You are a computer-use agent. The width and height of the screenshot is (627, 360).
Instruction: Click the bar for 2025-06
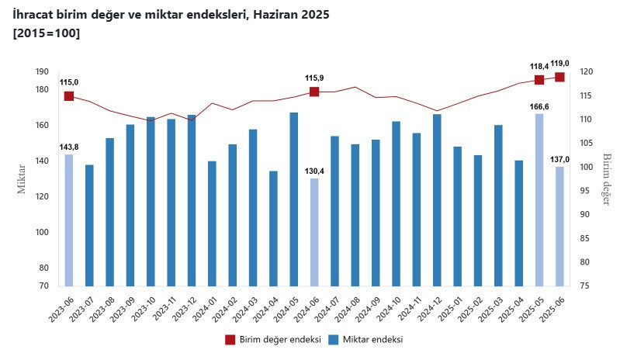click(x=559, y=226)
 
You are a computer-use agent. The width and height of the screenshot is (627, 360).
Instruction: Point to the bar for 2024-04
click(x=274, y=228)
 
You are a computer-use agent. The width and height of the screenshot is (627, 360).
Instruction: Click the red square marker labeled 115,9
click(x=314, y=92)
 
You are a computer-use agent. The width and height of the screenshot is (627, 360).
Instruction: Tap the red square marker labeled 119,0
click(x=559, y=77)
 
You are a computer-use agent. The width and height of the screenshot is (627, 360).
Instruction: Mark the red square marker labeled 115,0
click(x=69, y=96)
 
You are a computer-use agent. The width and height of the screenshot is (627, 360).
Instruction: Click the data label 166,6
click(x=539, y=106)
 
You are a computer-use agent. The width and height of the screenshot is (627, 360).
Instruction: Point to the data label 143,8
click(x=69, y=147)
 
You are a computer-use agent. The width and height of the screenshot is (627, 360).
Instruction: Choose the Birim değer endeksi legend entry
click(x=272, y=340)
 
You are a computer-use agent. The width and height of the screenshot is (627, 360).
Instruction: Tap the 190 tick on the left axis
click(x=42, y=71)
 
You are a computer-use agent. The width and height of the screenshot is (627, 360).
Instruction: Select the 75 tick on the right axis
click(x=586, y=286)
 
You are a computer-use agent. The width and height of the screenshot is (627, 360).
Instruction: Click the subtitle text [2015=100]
click(x=47, y=33)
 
